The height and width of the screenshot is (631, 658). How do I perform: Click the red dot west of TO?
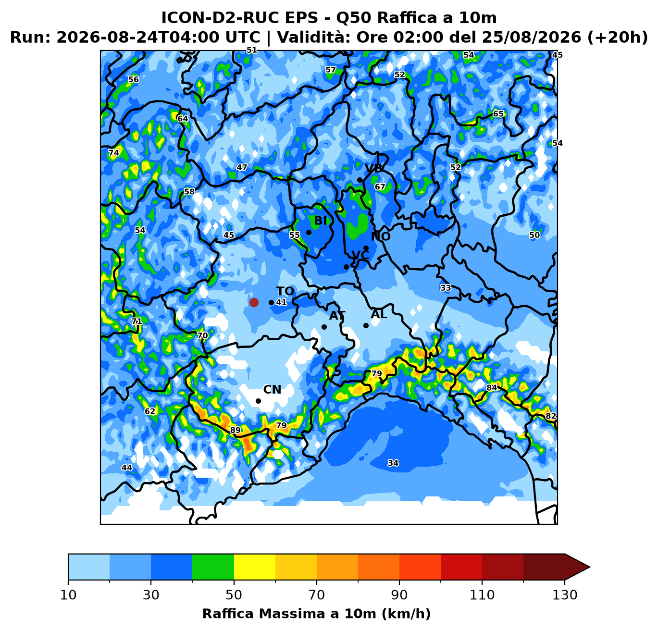(254, 302)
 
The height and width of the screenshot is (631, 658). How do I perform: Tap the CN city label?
(272, 390)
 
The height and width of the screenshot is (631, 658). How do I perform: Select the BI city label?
(320, 221)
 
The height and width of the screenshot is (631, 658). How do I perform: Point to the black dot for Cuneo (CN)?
(258, 401)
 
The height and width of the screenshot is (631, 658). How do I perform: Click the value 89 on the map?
(235, 430)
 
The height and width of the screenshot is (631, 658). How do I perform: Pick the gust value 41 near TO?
(281, 302)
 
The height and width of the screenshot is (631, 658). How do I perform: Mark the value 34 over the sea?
(393, 463)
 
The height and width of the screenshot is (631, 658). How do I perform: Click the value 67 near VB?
(380, 186)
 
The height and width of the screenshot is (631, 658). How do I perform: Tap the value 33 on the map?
(446, 288)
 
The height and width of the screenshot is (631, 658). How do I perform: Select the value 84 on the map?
(492, 388)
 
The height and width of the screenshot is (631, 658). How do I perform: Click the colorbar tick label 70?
(316, 595)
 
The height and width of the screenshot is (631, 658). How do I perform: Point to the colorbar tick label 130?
(564, 595)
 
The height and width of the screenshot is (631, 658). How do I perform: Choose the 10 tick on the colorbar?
(68, 595)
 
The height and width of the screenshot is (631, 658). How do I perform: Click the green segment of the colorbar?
(213, 567)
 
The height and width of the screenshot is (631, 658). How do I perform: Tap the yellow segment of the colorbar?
(255, 567)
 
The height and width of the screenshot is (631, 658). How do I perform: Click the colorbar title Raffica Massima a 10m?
(290, 613)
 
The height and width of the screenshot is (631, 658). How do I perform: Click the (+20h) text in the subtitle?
(617, 37)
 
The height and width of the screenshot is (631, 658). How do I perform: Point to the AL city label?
(379, 314)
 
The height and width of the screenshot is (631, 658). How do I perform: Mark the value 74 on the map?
(113, 153)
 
